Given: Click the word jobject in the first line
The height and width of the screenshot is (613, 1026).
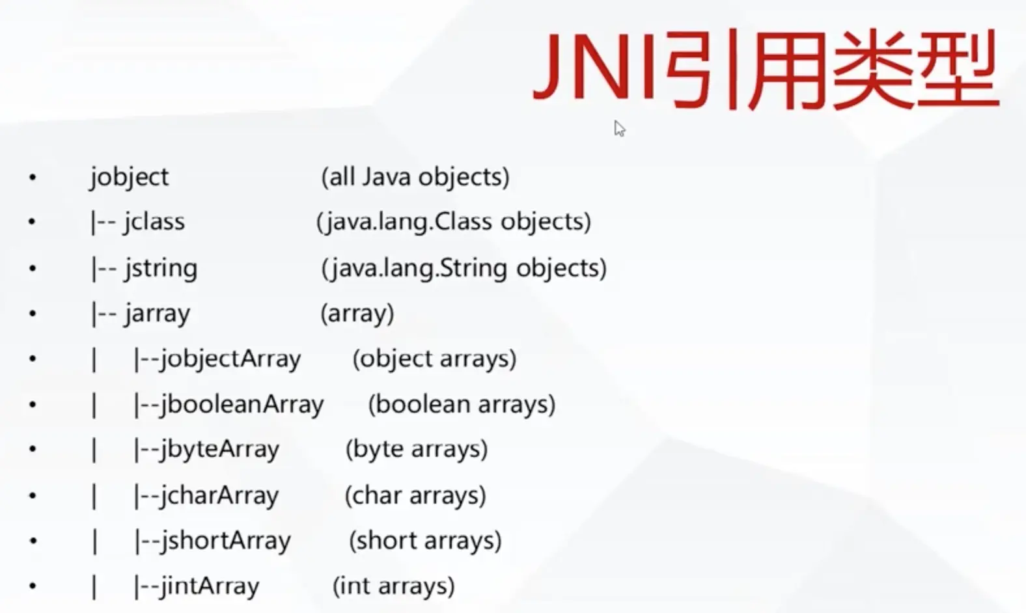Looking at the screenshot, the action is [130, 178].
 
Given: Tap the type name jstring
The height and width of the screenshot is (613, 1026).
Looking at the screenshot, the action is [161, 269].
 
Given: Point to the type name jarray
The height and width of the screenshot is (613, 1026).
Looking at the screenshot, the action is [157, 314].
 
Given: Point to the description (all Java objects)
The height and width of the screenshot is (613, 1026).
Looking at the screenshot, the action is [415, 177].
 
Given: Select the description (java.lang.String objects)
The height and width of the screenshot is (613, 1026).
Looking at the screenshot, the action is [464, 269].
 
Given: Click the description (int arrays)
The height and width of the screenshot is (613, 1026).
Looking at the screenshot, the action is [394, 586].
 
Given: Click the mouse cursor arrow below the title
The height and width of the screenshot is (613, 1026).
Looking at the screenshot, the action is [619, 129].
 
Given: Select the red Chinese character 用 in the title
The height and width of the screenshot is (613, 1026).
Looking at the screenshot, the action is [786, 69].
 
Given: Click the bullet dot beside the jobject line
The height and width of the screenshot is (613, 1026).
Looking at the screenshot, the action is [32, 178].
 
